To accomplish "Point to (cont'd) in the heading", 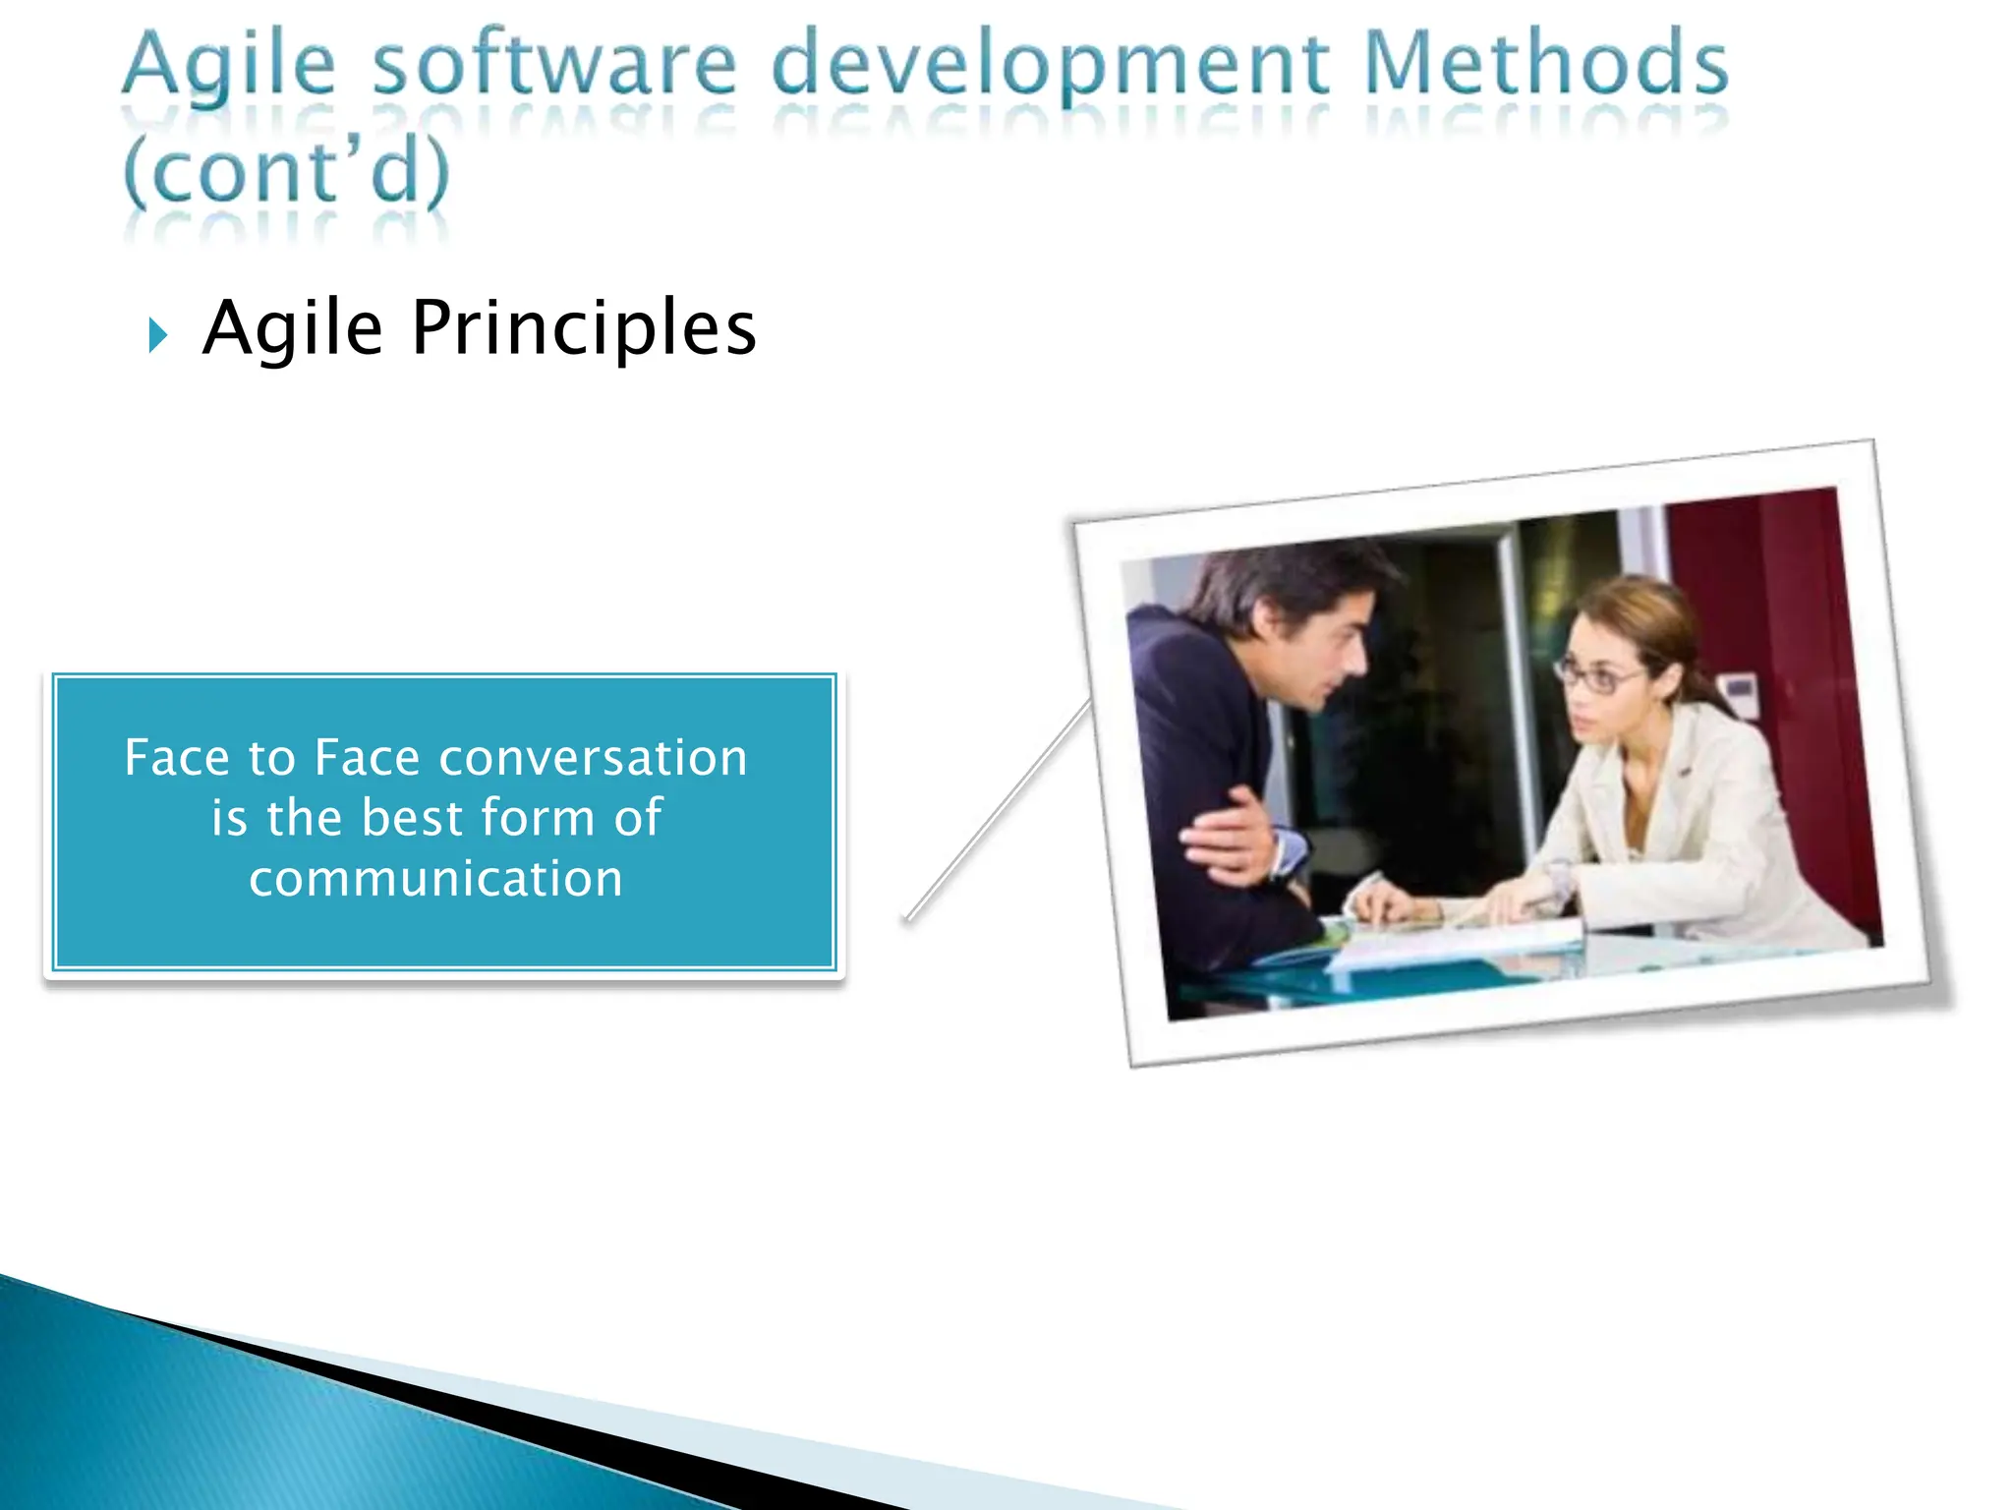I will [286, 172].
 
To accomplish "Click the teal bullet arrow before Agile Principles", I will [157, 335].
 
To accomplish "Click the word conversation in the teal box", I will [593, 758].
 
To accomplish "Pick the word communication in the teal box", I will [435, 878].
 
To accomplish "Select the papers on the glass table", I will [1455, 939].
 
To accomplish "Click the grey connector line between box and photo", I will [998, 811].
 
